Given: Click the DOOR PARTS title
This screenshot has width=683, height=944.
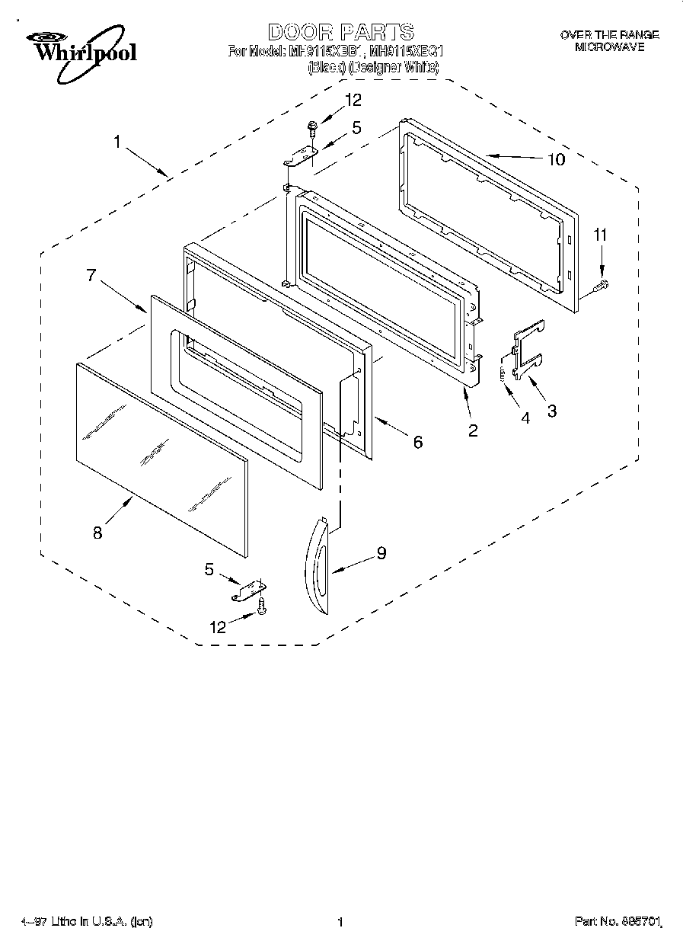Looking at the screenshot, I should click(340, 32).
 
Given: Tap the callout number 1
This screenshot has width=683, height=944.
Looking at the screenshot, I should click(118, 141).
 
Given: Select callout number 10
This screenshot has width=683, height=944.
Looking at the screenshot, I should click(556, 159).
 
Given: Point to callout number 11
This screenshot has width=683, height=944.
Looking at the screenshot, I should click(601, 235).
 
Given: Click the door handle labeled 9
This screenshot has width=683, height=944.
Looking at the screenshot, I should click(316, 564).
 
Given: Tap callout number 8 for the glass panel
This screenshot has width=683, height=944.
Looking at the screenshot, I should click(97, 533).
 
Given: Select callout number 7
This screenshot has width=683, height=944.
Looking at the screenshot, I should click(92, 276).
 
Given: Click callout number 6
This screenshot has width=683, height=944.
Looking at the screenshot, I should click(417, 441).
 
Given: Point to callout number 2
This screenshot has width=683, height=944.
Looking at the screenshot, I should click(473, 430).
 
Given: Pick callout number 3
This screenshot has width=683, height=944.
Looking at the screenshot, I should click(551, 411).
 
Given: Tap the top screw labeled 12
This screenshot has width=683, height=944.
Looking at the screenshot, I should click(312, 126).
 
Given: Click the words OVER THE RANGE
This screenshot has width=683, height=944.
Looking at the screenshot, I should click(609, 35).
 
